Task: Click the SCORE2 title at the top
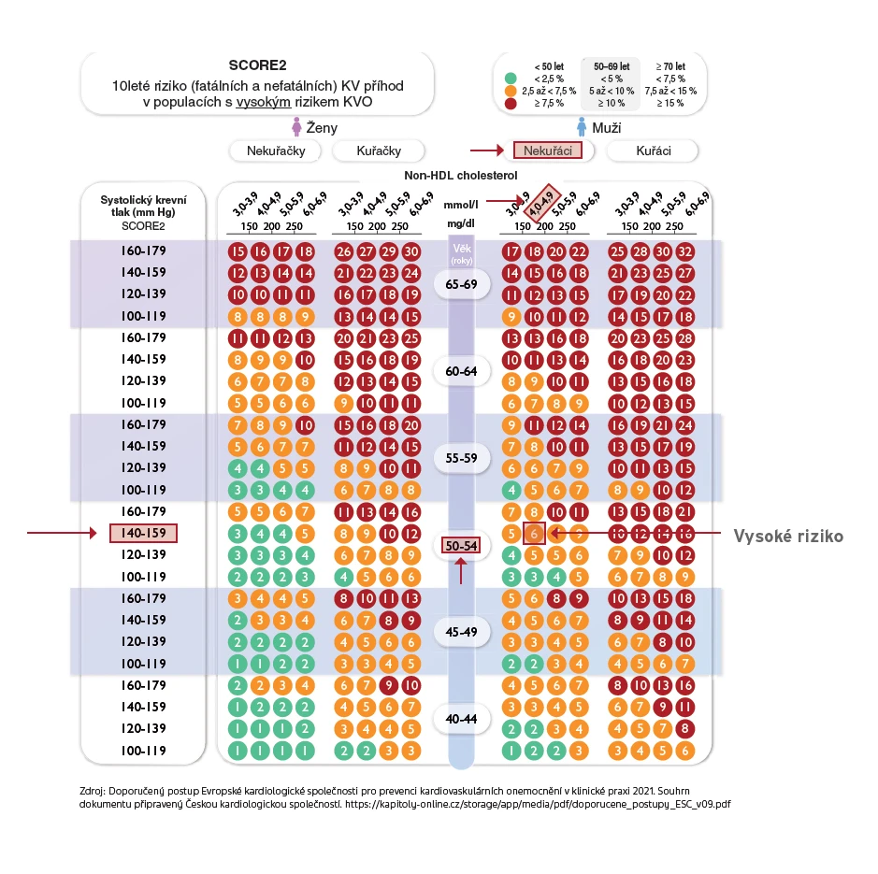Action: pos(257,65)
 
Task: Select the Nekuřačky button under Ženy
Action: pos(276,150)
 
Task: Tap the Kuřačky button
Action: pos(379,150)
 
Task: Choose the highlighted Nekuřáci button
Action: pos(548,150)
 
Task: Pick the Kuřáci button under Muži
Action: pos(653,150)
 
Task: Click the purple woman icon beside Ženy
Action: pos(296,127)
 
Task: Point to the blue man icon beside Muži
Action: pos(582,127)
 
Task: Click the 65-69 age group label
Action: pos(461,284)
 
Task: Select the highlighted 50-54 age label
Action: pos(461,545)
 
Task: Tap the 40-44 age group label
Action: pos(461,719)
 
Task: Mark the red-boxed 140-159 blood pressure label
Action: pos(143,533)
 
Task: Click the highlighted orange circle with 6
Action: pos(534,533)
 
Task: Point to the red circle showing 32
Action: pos(684,252)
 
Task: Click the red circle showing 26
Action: pos(344,252)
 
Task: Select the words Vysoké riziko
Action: pos(788,537)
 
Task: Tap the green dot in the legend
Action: pos(511,79)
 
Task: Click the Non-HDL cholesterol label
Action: pos(461,175)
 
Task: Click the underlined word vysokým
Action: pos(263,102)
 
